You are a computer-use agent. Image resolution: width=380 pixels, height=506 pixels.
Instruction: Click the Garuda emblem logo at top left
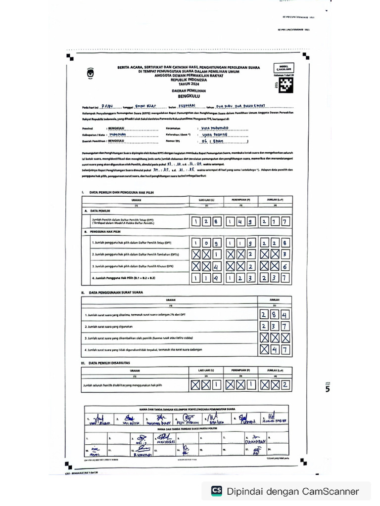coord(90,73)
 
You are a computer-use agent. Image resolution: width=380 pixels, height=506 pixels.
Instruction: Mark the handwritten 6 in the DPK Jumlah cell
coord(285,266)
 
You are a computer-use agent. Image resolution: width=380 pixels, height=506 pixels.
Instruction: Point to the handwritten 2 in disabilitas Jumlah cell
coord(285,384)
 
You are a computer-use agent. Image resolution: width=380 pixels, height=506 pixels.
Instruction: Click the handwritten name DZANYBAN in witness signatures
coord(257,441)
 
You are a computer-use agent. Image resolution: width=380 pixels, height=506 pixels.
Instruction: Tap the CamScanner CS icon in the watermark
coord(216,491)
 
